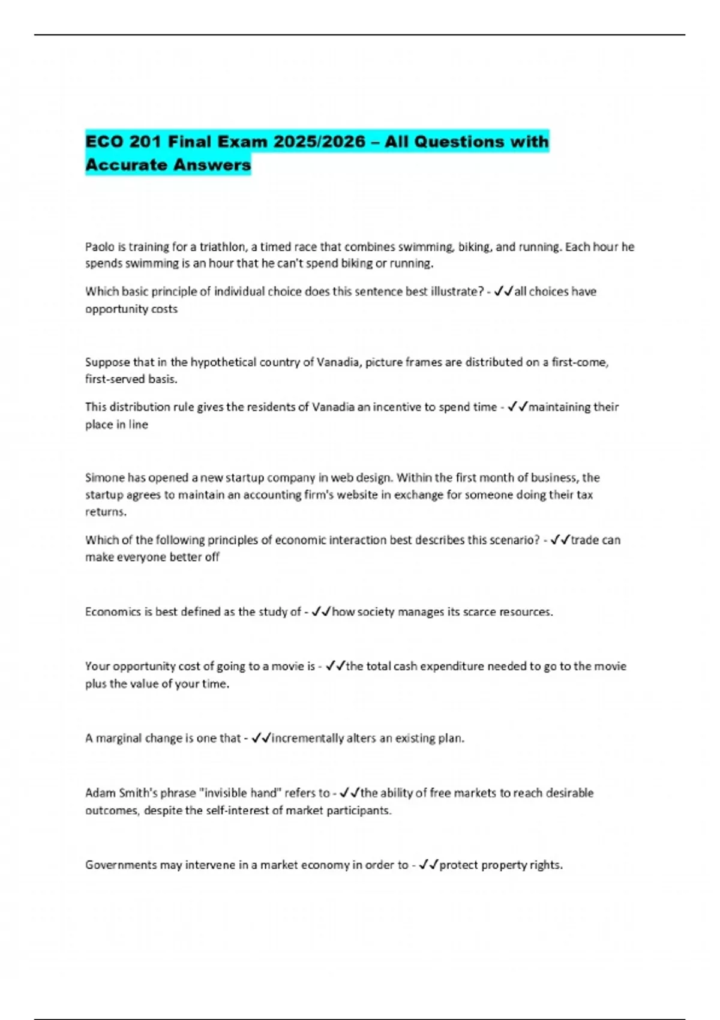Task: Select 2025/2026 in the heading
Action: click(x=319, y=142)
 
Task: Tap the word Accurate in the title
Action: click(x=125, y=164)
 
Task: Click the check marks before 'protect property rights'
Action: click(x=429, y=865)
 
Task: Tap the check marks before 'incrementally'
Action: click(x=262, y=738)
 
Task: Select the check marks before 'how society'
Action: click(x=322, y=611)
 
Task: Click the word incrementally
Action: click(x=308, y=738)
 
